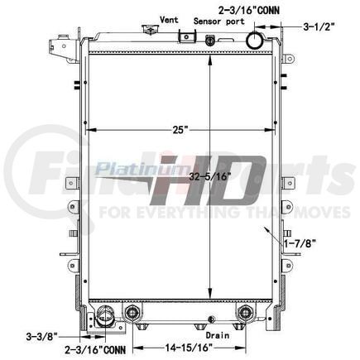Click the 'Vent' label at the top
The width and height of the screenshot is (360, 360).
click(x=169, y=18)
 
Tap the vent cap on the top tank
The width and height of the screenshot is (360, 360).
click(x=149, y=30)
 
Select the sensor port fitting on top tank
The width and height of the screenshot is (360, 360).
click(x=211, y=40)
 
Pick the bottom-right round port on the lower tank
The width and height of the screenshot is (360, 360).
click(x=245, y=312)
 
